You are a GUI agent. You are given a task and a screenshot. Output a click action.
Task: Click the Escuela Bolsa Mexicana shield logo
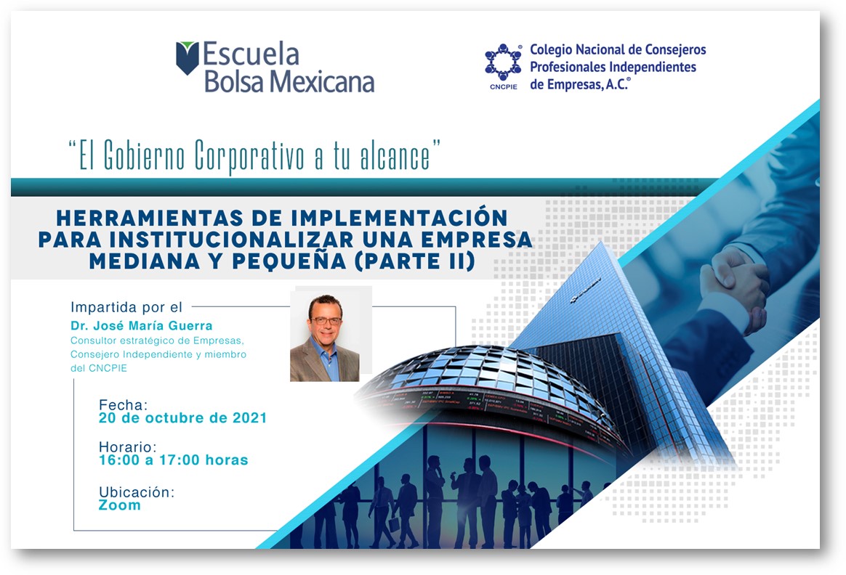[x=188, y=57]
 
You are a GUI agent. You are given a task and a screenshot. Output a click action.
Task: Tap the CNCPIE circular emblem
[x=504, y=62]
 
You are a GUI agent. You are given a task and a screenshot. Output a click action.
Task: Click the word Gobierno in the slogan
[x=144, y=156]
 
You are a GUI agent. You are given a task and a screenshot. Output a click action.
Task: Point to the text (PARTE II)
[x=415, y=261]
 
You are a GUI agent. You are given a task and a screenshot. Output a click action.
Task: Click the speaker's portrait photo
[x=326, y=338]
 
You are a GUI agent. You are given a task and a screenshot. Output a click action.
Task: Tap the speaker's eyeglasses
[x=326, y=321]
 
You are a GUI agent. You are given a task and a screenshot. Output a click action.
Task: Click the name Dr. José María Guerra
[x=141, y=325]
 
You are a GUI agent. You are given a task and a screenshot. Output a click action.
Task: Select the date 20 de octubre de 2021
[x=182, y=417]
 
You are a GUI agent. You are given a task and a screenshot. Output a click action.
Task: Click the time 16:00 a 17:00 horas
[x=173, y=460]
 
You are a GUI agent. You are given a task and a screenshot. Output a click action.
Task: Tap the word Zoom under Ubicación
[x=119, y=505]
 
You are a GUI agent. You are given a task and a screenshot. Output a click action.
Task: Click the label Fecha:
[x=123, y=404]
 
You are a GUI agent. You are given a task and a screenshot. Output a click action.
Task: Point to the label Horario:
[x=128, y=446]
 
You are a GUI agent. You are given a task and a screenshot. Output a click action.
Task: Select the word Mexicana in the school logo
[x=322, y=82]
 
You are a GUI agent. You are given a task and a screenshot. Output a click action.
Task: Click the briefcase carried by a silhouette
[x=395, y=523]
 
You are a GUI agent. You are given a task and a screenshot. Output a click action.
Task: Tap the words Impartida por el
[x=126, y=307]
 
